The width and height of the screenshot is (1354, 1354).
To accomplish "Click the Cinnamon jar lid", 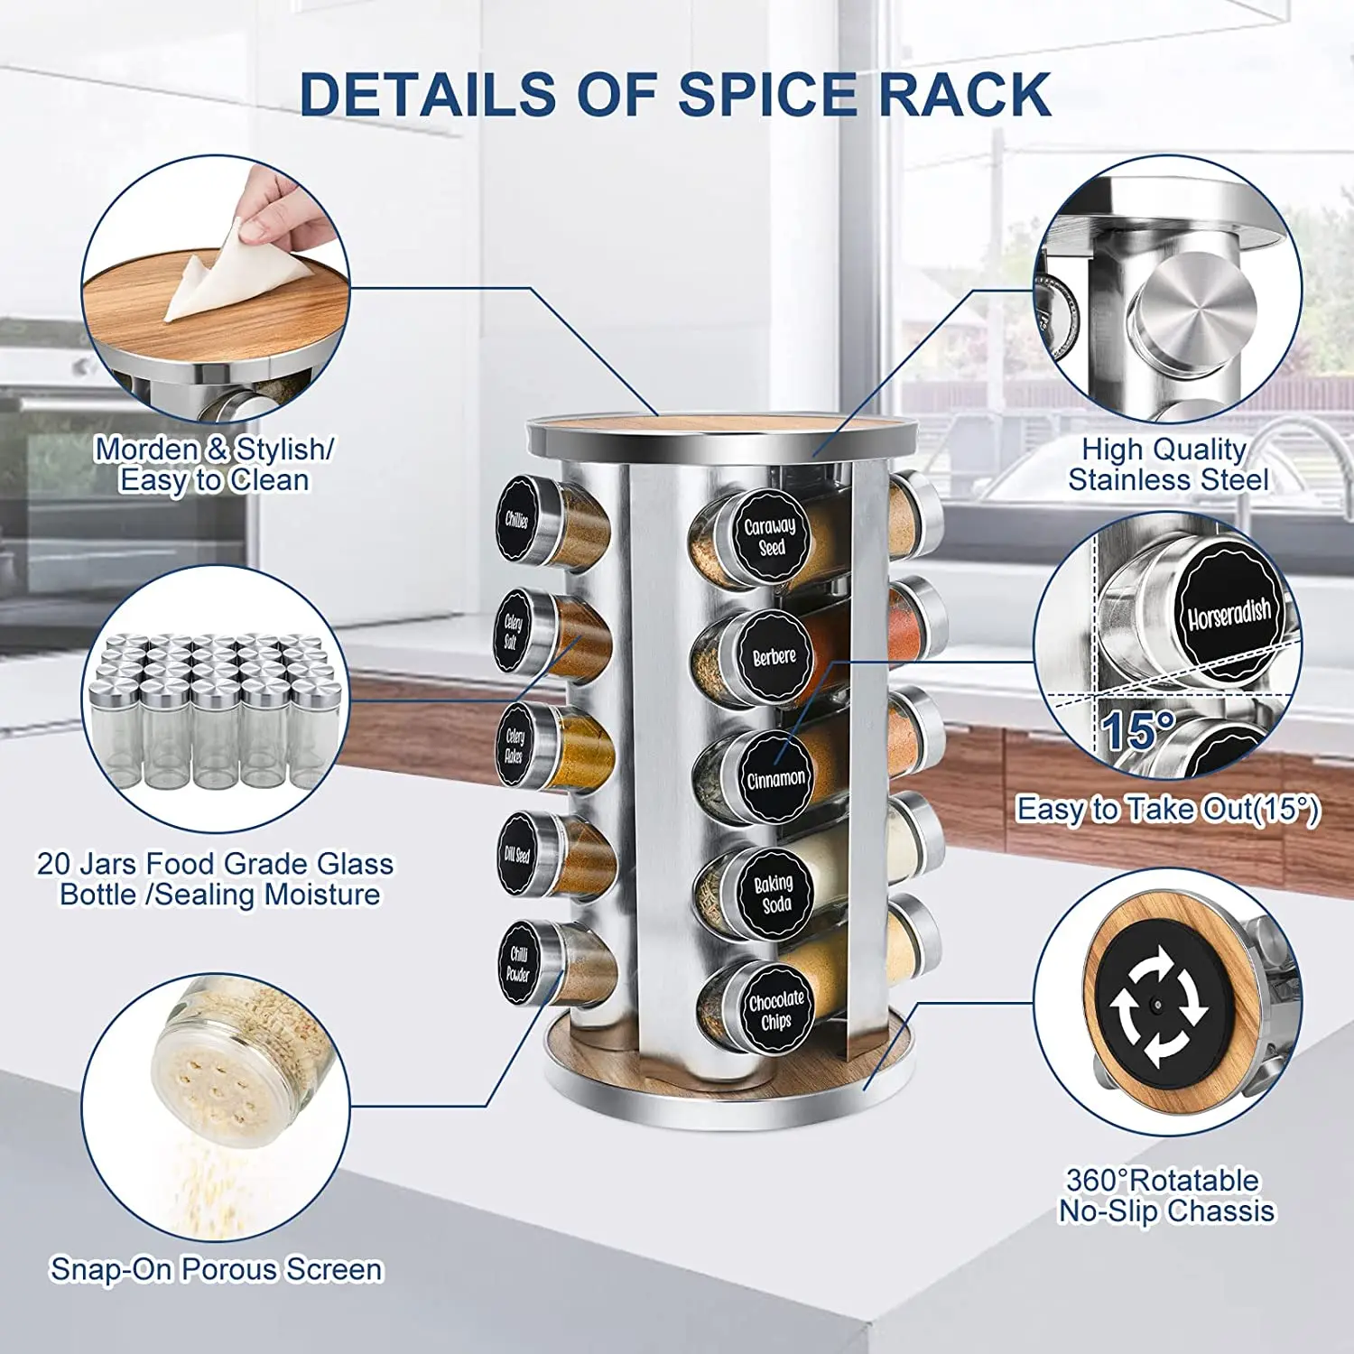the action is tap(775, 777).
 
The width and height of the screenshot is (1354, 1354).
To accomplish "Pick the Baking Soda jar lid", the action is tap(774, 893).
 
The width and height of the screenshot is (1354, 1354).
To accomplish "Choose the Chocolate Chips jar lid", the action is tap(775, 1008).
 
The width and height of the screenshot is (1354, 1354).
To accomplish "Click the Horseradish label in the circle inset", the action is tap(1229, 614).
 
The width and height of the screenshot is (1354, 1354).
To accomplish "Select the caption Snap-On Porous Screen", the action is tap(217, 1269).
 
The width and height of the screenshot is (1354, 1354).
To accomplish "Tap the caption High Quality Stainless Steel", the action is tap(1167, 464).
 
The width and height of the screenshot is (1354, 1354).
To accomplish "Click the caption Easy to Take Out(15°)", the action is tap(1168, 809).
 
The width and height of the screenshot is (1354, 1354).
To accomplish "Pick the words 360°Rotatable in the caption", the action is tap(1163, 1180).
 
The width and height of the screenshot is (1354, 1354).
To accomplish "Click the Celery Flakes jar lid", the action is tap(515, 746).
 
